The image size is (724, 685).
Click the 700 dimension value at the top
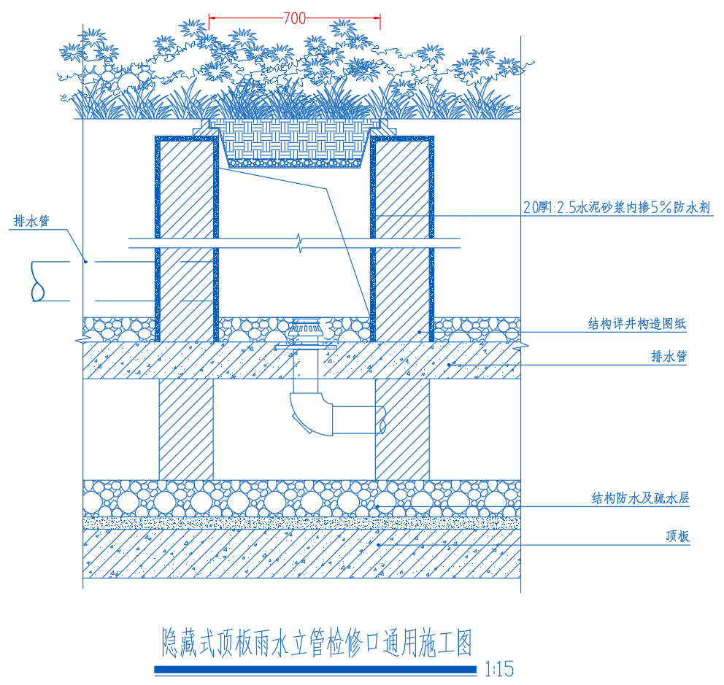coord(294,20)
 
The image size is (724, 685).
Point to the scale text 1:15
coord(499,669)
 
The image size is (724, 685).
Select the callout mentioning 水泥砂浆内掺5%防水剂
coord(617,208)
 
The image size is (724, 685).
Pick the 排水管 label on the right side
coord(669,357)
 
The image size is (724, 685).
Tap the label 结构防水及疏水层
coord(640,499)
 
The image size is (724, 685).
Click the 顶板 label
coord(677,537)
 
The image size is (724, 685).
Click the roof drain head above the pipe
coord(305,330)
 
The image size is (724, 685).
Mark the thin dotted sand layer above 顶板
coord(301,523)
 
